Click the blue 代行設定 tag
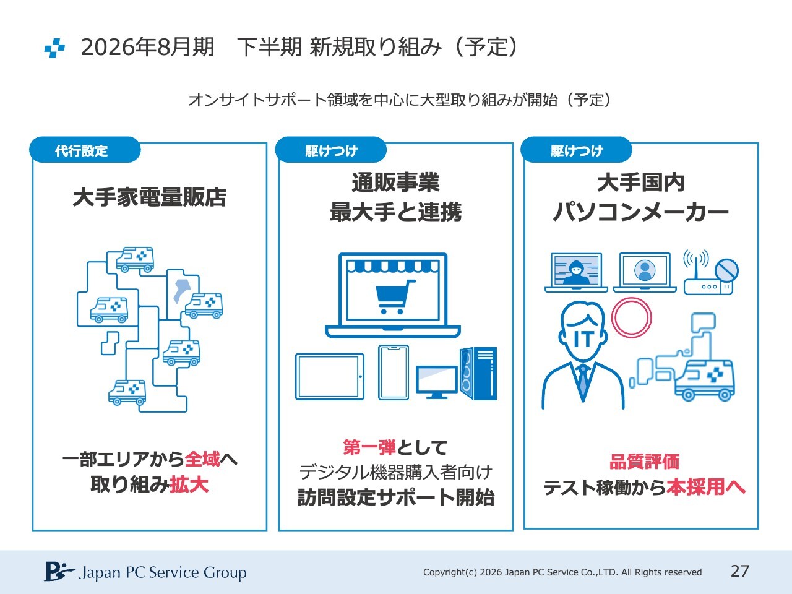pos(82,150)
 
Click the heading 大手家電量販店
pos(149,197)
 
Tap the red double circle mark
pos(631,317)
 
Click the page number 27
pos(740,571)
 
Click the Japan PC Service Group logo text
pos(162,572)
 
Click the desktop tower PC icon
pos(478,374)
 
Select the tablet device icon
pos(329,376)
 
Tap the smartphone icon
pos(394,372)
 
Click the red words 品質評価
pos(644,462)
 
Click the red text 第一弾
pos(369,447)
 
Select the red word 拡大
pos(189,484)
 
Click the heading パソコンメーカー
pos(641,212)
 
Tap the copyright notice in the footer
pos(562,572)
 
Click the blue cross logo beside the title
pos(54,48)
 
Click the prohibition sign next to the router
pos(726,270)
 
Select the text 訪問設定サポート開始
pos(395,497)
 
